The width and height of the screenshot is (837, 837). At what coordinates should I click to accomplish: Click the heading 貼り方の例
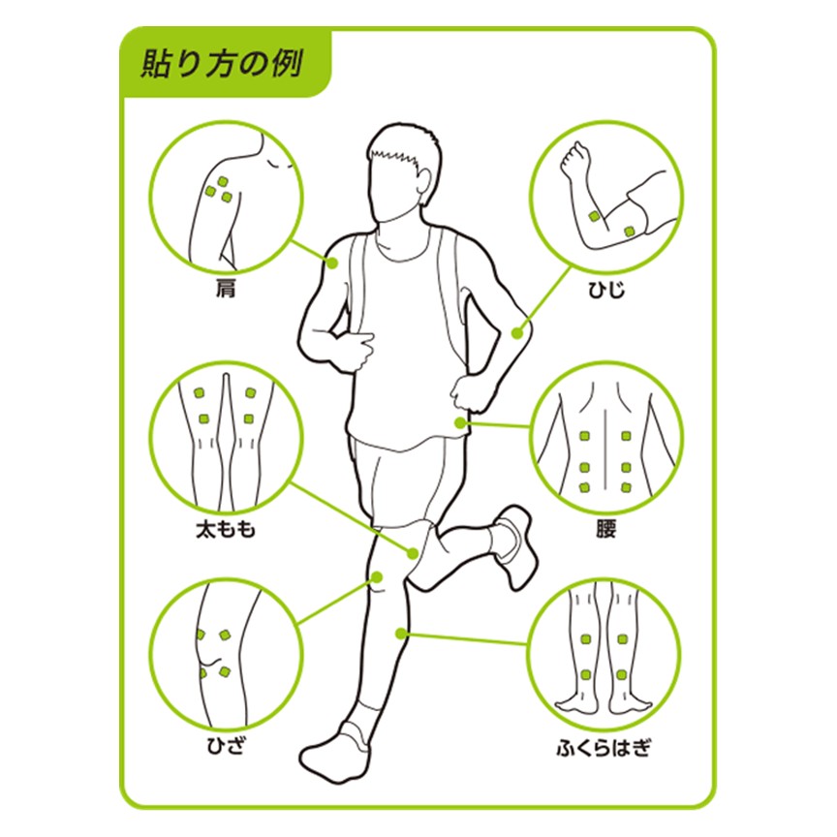(x=222, y=64)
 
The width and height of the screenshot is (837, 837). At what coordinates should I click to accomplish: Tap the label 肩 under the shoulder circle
(x=226, y=290)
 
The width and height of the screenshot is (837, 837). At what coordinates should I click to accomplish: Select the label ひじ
(x=606, y=290)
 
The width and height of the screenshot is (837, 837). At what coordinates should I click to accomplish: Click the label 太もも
(x=226, y=530)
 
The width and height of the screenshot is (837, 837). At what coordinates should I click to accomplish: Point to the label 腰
(x=606, y=529)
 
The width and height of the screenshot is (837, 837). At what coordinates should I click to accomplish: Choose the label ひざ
(x=226, y=745)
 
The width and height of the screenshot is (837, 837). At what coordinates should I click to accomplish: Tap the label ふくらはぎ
(x=604, y=747)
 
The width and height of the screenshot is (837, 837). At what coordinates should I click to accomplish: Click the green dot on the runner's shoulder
(x=332, y=263)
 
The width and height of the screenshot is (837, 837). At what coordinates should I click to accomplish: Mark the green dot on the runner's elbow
(x=516, y=333)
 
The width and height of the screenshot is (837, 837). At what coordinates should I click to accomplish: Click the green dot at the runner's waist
(x=460, y=423)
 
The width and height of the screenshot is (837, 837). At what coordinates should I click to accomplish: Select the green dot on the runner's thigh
(x=413, y=553)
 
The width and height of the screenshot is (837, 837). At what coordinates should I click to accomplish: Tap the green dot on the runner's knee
(x=377, y=577)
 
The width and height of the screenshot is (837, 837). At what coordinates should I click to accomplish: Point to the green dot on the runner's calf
(x=401, y=634)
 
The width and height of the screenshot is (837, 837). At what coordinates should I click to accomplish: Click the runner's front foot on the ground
(x=335, y=754)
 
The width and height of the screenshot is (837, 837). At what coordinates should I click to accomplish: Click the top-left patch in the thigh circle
(x=200, y=393)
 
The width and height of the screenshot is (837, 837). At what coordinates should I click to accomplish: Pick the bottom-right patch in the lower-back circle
(x=626, y=487)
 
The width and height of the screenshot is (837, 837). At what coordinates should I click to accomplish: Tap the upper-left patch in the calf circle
(x=585, y=639)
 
